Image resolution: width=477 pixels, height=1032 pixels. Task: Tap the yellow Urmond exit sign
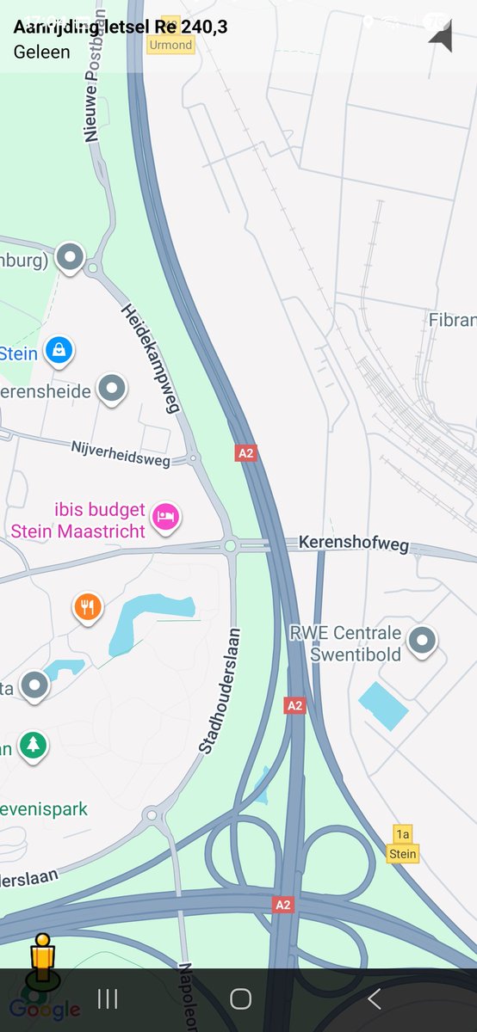[170, 40]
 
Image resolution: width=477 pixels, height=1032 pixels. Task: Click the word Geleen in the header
[41, 52]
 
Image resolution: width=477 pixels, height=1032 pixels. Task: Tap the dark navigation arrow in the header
[441, 36]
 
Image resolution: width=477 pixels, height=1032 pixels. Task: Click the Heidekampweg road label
[151, 358]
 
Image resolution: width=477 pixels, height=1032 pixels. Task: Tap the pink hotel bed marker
[165, 516]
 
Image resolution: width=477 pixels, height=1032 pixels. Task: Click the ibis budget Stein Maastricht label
[77, 521]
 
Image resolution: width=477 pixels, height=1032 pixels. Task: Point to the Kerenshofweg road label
[354, 543]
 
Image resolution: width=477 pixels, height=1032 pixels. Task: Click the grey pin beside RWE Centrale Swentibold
[422, 640]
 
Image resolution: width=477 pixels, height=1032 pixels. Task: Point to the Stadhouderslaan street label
[219, 692]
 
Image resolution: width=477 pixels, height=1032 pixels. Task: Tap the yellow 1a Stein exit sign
[402, 845]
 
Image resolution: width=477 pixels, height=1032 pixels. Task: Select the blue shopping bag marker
[59, 350]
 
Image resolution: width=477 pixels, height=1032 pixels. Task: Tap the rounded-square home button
[240, 998]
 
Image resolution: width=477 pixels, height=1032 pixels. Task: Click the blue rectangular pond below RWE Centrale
[383, 705]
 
